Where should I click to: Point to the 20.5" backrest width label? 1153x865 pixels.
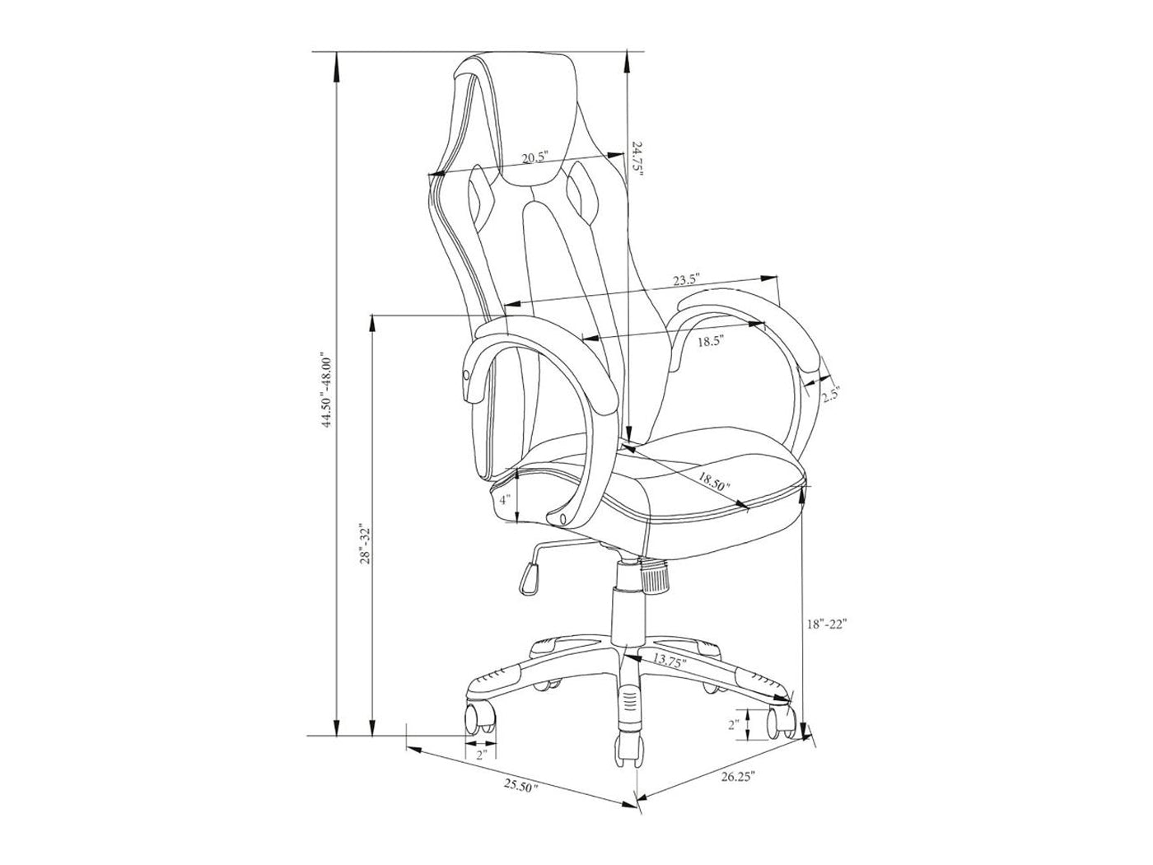pyautogui.click(x=534, y=157)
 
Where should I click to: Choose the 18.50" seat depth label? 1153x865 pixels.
pyautogui.click(x=714, y=480)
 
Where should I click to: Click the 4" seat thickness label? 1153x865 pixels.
pyautogui.click(x=505, y=499)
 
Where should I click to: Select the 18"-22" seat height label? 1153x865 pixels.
pyautogui.click(x=827, y=624)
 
